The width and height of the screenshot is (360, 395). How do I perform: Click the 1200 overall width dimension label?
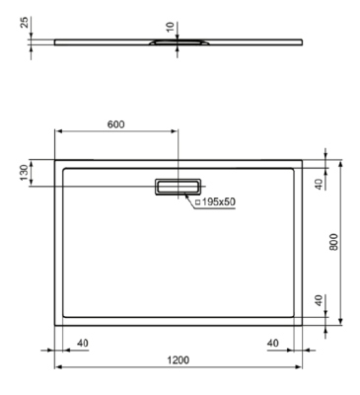[x=179, y=359]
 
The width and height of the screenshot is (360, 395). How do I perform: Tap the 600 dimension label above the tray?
[x=115, y=124]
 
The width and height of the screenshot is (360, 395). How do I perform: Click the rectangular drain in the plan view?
[x=178, y=186]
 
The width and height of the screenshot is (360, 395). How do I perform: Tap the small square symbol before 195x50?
[x=196, y=202]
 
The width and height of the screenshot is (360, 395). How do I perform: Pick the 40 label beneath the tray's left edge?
[x=82, y=343]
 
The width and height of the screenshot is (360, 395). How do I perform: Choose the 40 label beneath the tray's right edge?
[x=273, y=343]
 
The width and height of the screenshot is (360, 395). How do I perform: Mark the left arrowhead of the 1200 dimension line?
[x=55, y=366]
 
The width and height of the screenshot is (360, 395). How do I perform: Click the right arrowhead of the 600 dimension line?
[x=177, y=132]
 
